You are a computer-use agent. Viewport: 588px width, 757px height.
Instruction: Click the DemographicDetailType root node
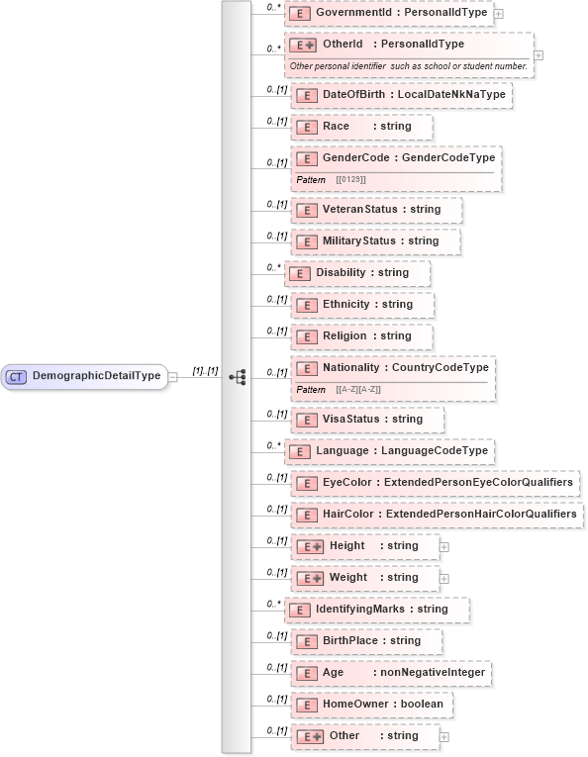[85, 377]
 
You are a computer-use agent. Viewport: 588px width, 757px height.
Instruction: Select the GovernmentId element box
[392, 14]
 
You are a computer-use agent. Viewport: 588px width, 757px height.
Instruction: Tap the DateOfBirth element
[401, 95]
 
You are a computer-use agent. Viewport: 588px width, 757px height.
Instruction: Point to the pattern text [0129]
[350, 179]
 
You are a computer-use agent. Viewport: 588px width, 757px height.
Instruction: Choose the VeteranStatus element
[375, 210]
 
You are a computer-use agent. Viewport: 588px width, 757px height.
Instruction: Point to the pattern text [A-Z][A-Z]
[358, 389]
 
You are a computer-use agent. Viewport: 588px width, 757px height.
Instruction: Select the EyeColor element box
[436, 483]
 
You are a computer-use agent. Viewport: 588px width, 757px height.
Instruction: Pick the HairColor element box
[437, 515]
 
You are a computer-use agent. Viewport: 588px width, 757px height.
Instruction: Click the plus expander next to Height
[444, 546]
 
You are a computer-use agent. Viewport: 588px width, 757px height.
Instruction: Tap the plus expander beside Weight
[444, 578]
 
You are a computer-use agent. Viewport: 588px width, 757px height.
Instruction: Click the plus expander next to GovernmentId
[498, 14]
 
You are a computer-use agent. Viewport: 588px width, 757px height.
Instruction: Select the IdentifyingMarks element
[376, 610]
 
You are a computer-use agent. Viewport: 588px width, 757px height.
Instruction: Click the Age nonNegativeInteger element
[391, 673]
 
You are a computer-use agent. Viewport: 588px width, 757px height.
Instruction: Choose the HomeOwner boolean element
[372, 705]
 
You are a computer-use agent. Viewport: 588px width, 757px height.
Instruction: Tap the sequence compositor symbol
[237, 377]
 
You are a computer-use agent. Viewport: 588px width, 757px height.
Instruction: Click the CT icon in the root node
[17, 377]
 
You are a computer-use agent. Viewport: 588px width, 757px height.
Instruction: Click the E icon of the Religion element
[306, 336]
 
